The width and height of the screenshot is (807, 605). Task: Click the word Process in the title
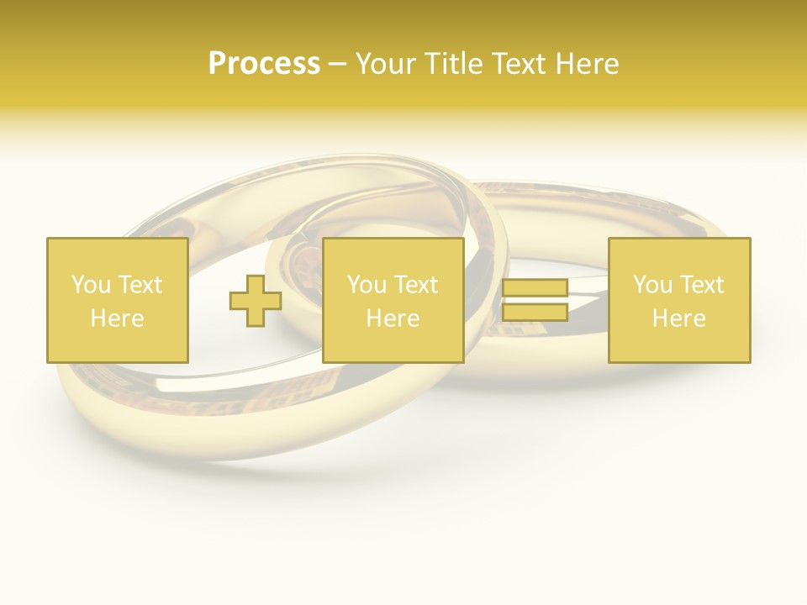(x=264, y=64)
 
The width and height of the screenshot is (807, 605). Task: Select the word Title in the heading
(x=451, y=64)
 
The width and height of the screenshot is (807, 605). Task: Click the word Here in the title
(x=587, y=64)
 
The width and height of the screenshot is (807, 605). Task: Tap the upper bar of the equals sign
(x=535, y=288)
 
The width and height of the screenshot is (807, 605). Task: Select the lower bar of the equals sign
(x=535, y=312)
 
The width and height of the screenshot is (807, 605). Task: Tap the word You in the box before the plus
(x=88, y=285)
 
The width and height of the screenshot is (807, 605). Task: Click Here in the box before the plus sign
(x=117, y=318)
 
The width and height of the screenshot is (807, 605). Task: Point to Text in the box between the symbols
(x=415, y=285)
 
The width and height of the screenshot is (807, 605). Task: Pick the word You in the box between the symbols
(x=365, y=285)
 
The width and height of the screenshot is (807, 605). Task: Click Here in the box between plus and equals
(x=393, y=318)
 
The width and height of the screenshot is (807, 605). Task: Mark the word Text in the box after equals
(x=701, y=285)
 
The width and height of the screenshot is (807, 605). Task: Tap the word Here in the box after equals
(x=678, y=318)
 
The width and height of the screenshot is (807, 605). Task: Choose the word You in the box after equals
(x=651, y=285)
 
